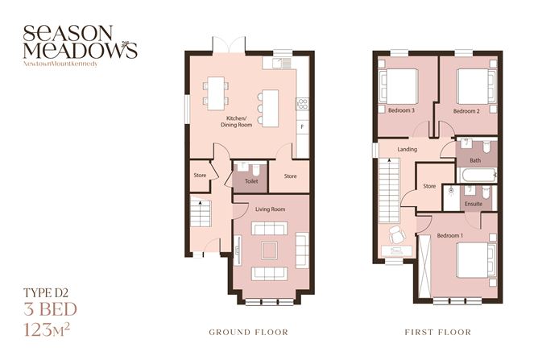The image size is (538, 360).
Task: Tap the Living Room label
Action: click(x=271, y=209)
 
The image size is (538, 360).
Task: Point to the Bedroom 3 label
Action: click(x=400, y=110)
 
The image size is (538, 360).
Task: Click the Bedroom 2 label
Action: click(x=466, y=110)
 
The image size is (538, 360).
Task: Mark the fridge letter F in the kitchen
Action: click(x=302, y=128)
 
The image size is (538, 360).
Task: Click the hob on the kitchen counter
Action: click(x=303, y=102)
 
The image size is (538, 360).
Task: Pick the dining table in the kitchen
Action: click(x=215, y=91)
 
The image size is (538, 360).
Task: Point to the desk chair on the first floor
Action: click(x=395, y=235)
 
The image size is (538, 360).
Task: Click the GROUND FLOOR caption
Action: click(x=248, y=332)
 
